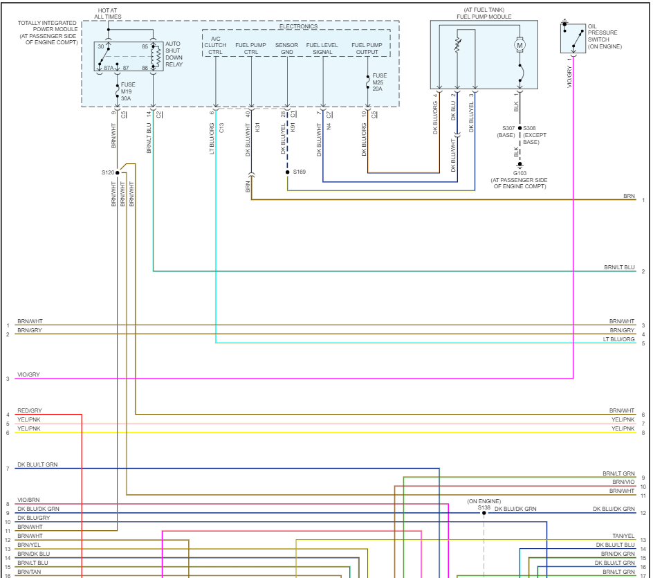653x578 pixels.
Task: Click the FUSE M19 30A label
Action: click(128, 91)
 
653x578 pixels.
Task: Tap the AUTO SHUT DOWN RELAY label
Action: click(174, 54)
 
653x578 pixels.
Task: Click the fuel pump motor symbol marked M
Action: click(520, 45)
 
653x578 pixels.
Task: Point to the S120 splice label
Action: click(108, 172)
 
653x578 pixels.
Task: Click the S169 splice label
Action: click(299, 172)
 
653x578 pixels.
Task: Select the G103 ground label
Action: click(520, 173)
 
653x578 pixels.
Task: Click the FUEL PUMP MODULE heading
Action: click(484, 16)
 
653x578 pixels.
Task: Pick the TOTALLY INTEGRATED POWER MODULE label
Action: click(46, 33)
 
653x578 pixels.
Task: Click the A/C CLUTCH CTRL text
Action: click(215, 48)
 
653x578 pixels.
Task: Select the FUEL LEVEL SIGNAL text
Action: click(322, 48)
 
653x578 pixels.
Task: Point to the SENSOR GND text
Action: click(286, 48)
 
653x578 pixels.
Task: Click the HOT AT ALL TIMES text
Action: click(108, 13)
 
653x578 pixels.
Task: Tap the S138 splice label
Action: click(484, 507)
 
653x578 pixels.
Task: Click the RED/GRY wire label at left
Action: click(30, 410)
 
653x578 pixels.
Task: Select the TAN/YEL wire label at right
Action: click(623, 536)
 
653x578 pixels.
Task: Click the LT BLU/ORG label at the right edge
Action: click(618, 339)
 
